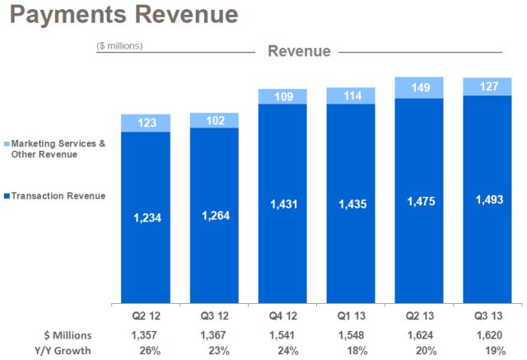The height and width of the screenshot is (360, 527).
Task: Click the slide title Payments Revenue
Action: click(x=121, y=15)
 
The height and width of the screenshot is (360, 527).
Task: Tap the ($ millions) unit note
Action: click(x=119, y=45)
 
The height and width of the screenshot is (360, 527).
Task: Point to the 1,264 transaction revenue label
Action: click(x=214, y=217)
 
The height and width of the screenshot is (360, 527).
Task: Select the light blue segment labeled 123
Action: click(x=146, y=124)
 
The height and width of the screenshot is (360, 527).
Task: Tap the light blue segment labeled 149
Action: click(x=419, y=87)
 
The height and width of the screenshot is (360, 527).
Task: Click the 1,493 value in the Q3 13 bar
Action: click(x=487, y=198)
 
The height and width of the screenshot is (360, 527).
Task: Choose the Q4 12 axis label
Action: click(x=282, y=316)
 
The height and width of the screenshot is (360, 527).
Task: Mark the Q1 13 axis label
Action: click(x=351, y=316)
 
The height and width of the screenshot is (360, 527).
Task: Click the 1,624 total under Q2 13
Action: click(x=419, y=334)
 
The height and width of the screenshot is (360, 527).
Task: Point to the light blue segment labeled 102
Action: click(x=214, y=120)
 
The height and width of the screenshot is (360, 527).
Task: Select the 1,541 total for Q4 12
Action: click(x=282, y=334)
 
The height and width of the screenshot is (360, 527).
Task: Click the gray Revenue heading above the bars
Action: click(x=299, y=51)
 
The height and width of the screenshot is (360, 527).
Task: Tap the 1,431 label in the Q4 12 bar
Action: click(x=282, y=203)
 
